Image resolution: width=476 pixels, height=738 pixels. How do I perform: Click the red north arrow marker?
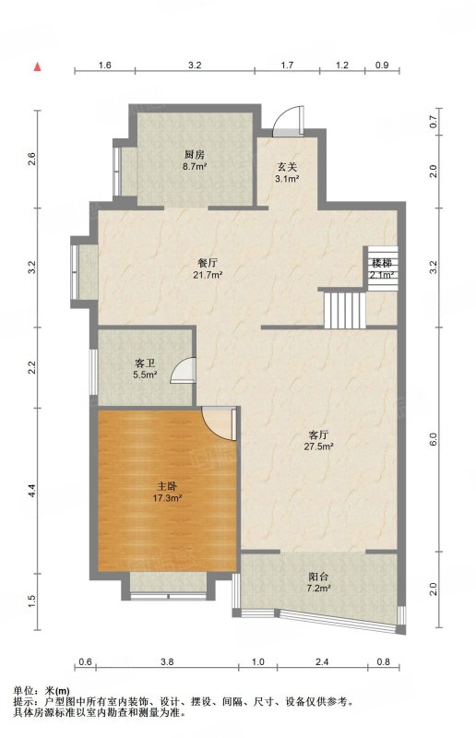pyautogui.click(x=37, y=66)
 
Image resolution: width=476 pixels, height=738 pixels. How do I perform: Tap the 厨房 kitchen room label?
pyautogui.click(x=195, y=154)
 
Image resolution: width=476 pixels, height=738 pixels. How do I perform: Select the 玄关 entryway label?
pyautogui.click(x=287, y=167)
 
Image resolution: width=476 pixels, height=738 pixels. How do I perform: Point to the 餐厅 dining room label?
pyautogui.click(x=208, y=264)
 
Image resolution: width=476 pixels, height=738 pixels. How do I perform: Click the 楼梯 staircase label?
pyautogui.click(x=382, y=264)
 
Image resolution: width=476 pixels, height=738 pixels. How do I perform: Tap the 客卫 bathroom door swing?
pyautogui.click(x=184, y=370)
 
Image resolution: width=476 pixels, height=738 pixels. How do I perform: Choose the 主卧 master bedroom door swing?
pyautogui.click(x=218, y=423)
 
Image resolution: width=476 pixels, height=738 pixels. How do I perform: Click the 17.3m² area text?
pyautogui.click(x=168, y=498)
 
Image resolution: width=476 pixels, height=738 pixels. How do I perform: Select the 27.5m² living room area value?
pyautogui.click(x=319, y=446)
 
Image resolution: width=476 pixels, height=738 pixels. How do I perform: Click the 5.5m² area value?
pyautogui.click(x=145, y=375)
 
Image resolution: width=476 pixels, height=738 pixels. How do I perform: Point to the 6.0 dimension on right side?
pyautogui.click(x=434, y=439)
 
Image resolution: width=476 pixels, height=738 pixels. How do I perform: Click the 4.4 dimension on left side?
pyautogui.click(x=31, y=491)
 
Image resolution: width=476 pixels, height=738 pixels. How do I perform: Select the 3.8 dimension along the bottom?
pyautogui.click(x=167, y=661)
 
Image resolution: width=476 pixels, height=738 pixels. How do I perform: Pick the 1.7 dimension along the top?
pyautogui.click(x=287, y=65)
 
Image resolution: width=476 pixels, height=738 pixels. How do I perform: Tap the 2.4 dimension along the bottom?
pyautogui.click(x=322, y=661)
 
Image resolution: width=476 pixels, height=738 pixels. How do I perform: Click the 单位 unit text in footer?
pyautogui.click(x=22, y=691)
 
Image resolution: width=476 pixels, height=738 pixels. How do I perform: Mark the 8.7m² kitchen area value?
pyautogui.click(x=195, y=166)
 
